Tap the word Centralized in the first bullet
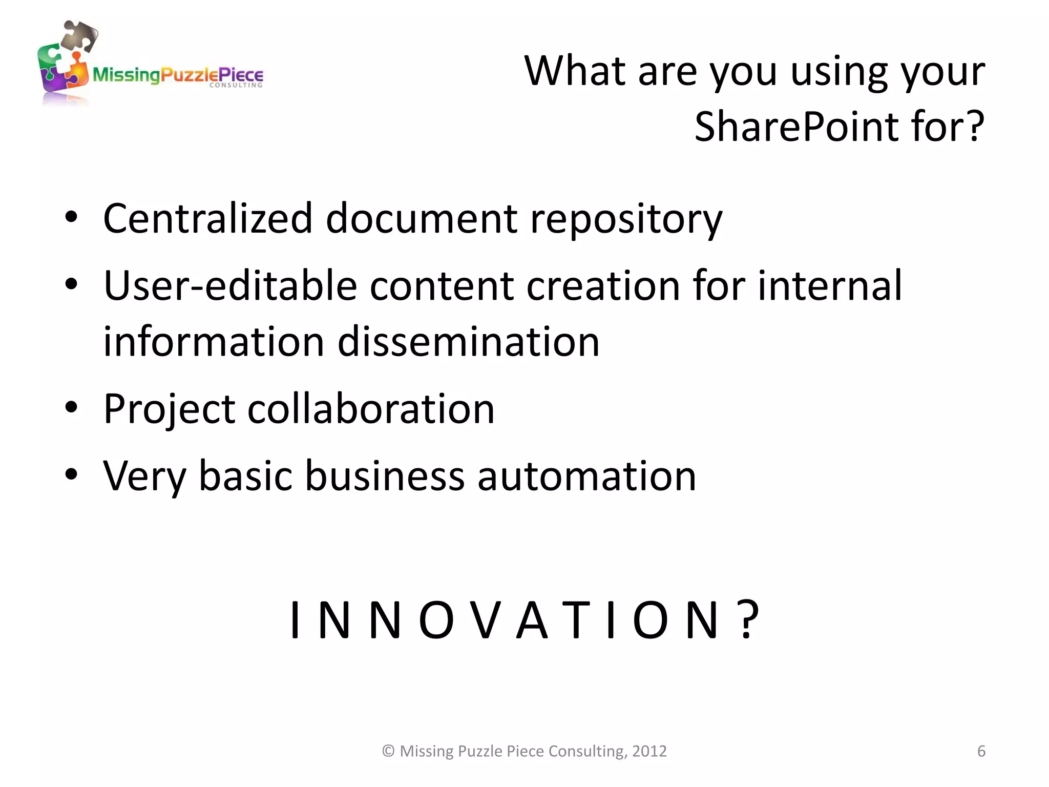pos(207,218)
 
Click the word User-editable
pos(230,285)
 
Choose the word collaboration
pos(371,409)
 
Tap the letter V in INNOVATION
pos(485,620)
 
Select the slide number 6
pos(981,751)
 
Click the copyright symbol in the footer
pos(388,751)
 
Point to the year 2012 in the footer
pos(649,751)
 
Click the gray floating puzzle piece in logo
pos(79,35)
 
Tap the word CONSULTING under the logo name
pos(236,85)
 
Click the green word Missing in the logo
pos(126,76)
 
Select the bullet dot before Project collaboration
pos(71,408)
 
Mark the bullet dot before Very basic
pos(71,474)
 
